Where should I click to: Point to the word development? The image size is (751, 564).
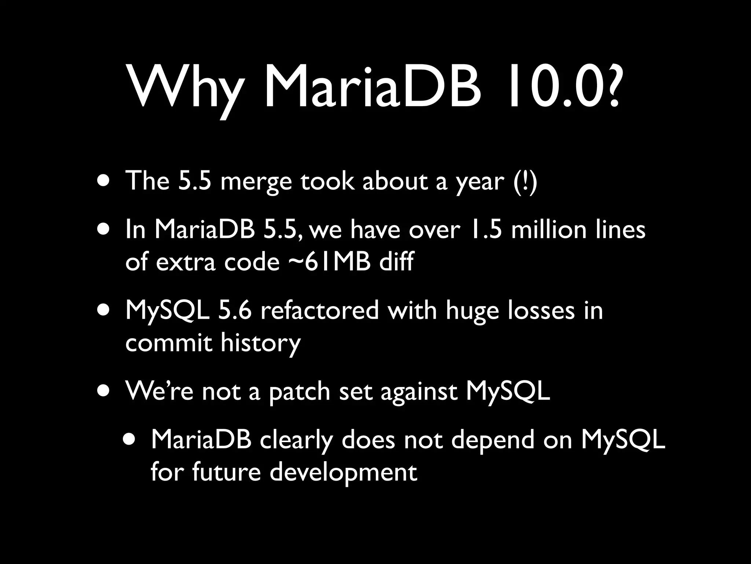344,473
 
